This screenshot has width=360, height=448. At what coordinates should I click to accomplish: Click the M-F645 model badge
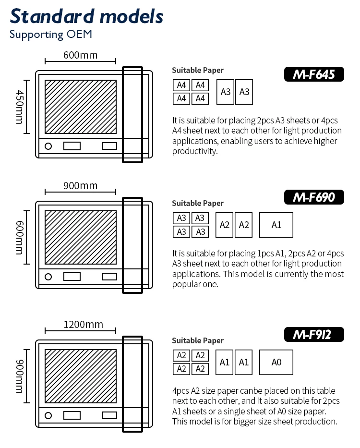(314, 74)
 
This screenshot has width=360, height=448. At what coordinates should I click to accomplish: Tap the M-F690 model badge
(314, 197)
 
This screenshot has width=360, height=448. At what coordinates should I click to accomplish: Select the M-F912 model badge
(314, 334)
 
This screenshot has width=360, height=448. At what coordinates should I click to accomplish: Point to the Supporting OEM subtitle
(50, 35)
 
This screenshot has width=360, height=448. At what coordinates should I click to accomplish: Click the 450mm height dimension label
(20, 107)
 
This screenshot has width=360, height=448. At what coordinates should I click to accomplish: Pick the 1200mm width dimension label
(83, 325)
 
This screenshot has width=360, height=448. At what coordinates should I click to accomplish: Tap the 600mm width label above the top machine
(80, 55)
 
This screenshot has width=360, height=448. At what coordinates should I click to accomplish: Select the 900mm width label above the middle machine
(80, 186)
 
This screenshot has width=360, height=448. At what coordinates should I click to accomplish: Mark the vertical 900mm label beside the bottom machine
(20, 376)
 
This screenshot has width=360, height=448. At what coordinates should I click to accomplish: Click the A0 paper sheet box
(276, 362)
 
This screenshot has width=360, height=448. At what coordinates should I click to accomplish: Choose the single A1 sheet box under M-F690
(276, 225)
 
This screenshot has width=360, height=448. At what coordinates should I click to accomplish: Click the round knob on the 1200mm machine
(48, 415)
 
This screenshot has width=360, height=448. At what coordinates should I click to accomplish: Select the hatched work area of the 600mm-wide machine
(81, 107)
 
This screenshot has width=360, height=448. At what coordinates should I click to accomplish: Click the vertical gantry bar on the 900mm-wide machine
(132, 245)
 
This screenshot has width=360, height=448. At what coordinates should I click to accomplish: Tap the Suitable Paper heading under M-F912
(198, 340)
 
